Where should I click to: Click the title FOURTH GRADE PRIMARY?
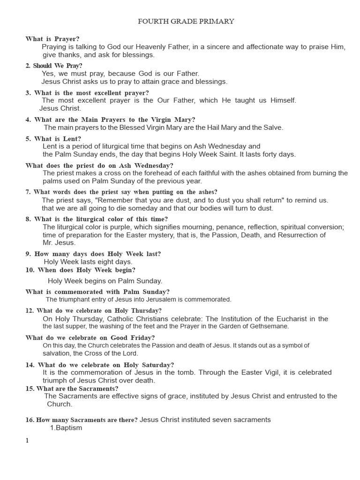point(186,21)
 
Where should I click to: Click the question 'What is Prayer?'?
point(52,39)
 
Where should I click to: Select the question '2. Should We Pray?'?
point(54,66)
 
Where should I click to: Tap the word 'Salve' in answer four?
point(273,127)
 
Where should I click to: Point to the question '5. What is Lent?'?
point(53,139)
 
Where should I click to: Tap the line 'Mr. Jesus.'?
point(59,243)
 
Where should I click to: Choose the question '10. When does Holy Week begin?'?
point(80,270)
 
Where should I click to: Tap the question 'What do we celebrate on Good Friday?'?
point(90,337)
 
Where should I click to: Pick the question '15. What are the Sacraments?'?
point(72,389)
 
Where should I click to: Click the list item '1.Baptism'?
point(66,427)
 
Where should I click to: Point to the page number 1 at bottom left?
point(27,440)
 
